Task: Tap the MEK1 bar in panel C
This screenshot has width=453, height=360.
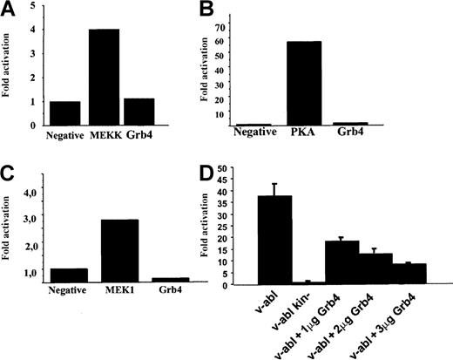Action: coord(118,249)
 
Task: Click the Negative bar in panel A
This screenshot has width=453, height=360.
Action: coord(66,112)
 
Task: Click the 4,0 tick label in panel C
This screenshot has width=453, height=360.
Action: coord(30,188)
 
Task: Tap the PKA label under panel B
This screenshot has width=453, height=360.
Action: coord(308,136)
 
